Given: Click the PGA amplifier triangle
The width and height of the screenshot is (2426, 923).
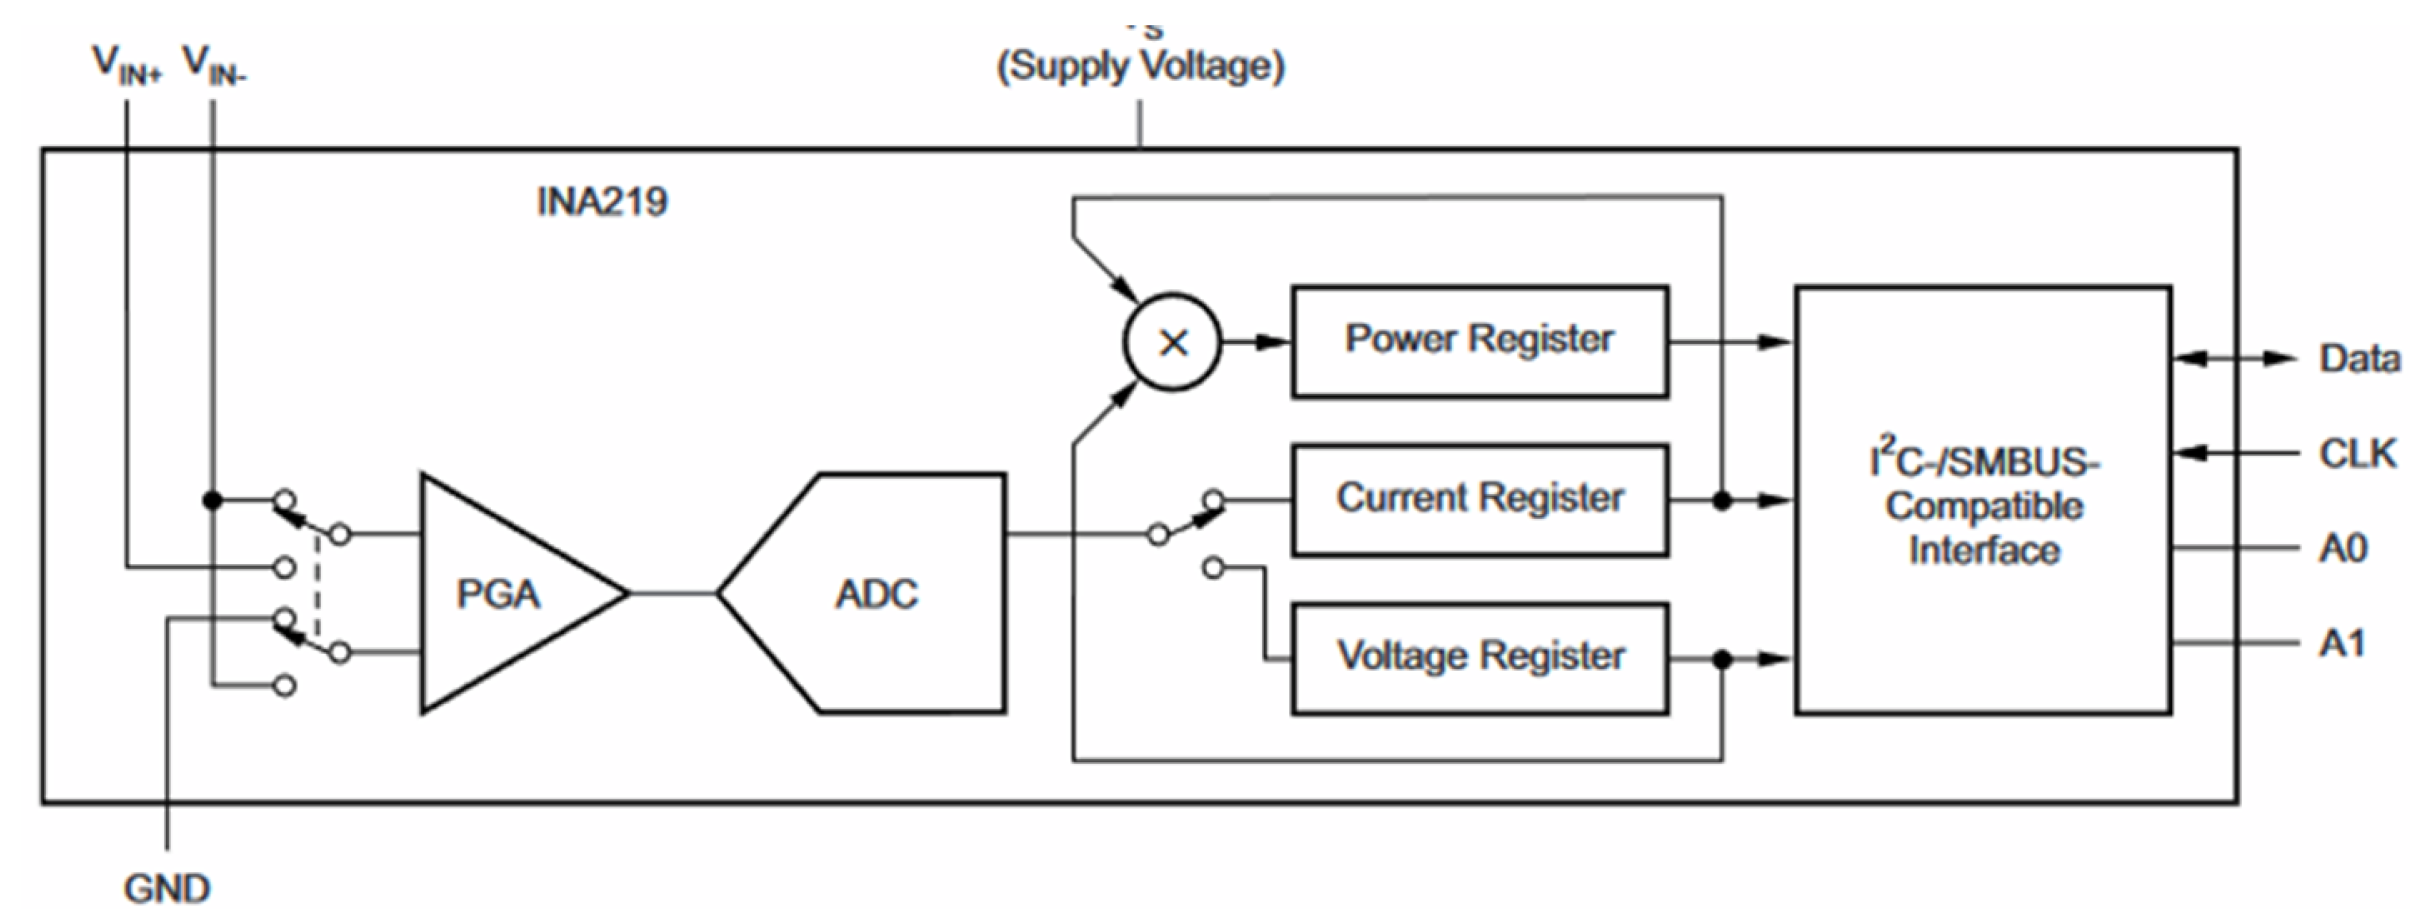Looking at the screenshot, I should pyautogui.click(x=499, y=593).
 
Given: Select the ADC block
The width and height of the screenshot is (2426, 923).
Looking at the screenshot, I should pyautogui.click(x=876, y=593).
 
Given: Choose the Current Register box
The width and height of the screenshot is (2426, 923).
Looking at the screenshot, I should pyautogui.click(x=1479, y=499).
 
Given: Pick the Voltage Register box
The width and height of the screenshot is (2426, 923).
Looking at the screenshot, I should pyautogui.click(x=1479, y=657).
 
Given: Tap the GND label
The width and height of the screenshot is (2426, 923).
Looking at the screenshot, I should pyautogui.click(x=167, y=888).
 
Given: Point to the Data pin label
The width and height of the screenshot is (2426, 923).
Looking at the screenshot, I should pyautogui.click(x=2359, y=359).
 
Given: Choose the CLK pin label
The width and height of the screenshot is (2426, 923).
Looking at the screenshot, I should pyautogui.click(x=2357, y=454).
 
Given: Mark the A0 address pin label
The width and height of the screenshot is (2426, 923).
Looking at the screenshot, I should pyautogui.click(x=2343, y=548).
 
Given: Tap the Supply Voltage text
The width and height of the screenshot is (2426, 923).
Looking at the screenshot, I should pyautogui.click(x=1140, y=66).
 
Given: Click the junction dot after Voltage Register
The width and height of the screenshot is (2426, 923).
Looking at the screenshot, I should pyautogui.click(x=1723, y=659).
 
